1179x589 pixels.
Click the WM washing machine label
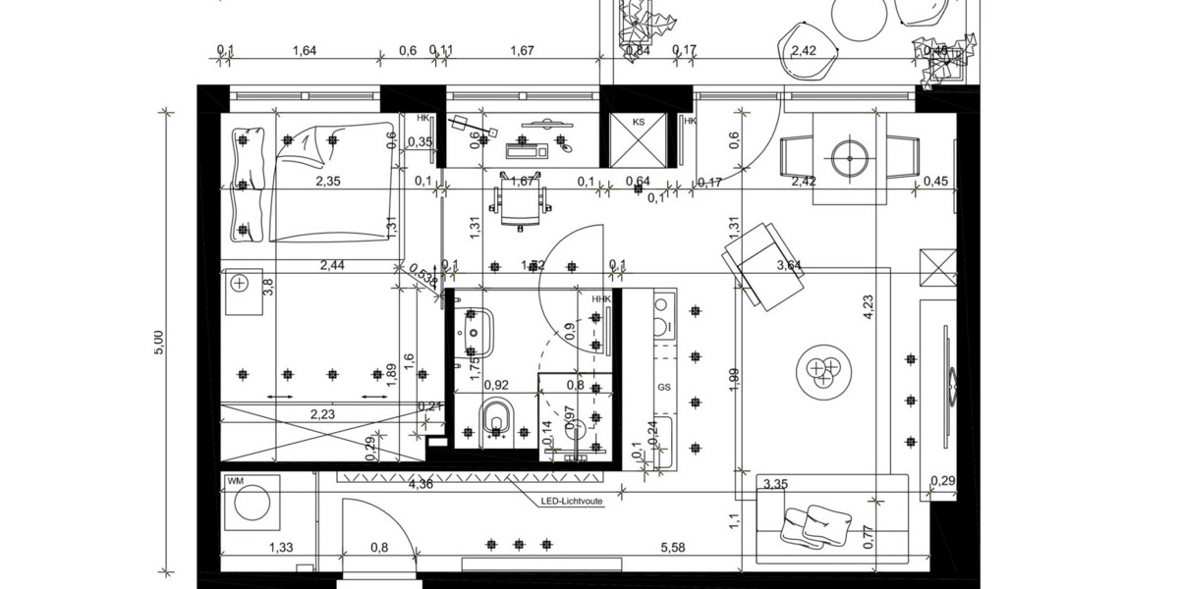coord(235,481)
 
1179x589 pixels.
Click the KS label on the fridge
coord(639,122)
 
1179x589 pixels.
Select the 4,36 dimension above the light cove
coord(421,483)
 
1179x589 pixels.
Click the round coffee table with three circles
coord(822,371)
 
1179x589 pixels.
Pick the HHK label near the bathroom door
coord(600,299)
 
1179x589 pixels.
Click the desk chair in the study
coord(518,200)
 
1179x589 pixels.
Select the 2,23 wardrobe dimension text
coord(321,415)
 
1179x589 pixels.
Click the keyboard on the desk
coord(528,150)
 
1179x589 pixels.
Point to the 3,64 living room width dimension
coord(789,265)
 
